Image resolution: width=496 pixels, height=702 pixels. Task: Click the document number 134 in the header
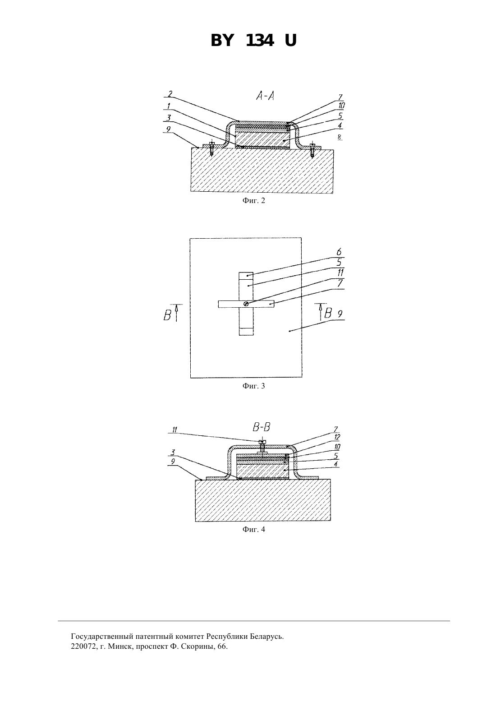[260, 41]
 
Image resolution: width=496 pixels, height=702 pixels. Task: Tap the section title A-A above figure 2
[265, 96]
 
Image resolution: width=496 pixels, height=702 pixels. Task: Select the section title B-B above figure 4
[262, 427]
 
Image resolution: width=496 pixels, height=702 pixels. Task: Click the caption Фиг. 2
[253, 201]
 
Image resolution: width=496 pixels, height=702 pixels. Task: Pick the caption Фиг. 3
[253, 386]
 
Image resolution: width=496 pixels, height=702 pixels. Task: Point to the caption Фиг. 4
[253, 529]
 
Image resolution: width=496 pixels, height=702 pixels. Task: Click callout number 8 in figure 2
[340, 137]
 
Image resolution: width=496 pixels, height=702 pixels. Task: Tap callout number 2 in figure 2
[170, 94]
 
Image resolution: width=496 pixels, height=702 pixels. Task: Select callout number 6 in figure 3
[339, 252]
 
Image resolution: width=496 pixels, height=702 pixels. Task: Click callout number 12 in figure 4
[337, 437]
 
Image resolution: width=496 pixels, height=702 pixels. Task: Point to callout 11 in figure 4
[175, 430]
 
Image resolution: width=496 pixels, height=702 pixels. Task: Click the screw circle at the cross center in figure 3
[246, 304]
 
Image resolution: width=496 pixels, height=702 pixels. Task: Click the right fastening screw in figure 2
[312, 150]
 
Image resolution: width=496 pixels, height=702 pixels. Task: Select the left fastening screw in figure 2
[212, 149]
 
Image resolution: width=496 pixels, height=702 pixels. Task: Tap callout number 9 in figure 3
[340, 314]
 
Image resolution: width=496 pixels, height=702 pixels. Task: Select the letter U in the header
[290, 41]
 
